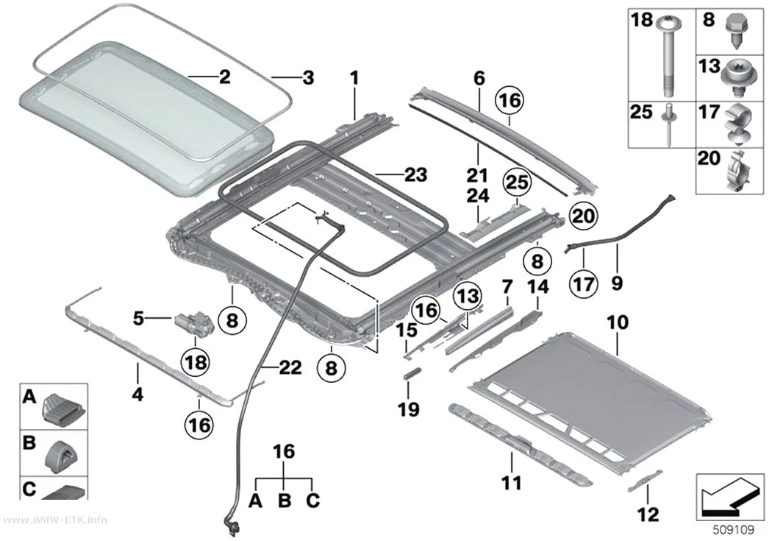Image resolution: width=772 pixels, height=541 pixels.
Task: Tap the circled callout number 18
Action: click(x=196, y=362)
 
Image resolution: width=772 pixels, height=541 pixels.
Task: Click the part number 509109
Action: click(x=734, y=530)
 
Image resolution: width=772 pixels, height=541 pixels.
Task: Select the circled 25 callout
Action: click(x=517, y=183)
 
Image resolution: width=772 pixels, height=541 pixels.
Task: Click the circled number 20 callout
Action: click(x=583, y=216)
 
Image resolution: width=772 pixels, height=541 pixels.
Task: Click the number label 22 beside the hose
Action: click(x=290, y=367)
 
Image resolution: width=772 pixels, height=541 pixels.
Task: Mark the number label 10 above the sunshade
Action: click(x=618, y=322)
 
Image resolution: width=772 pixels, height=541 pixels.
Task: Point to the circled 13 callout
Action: click(x=467, y=296)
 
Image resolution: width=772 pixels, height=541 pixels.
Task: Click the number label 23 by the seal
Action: click(x=416, y=174)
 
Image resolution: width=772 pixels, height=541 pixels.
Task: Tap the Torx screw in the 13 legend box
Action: click(x=737, y=78)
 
